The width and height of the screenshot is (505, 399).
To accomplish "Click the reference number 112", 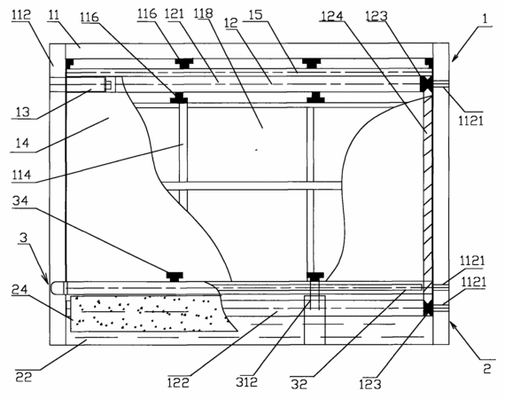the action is point(21,14).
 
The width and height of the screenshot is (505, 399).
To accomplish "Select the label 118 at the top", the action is point(204,13).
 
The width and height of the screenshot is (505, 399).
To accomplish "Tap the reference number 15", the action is point(256,15).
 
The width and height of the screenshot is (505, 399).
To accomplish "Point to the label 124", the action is point(331,16).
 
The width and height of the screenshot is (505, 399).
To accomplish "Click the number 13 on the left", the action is point(22,112).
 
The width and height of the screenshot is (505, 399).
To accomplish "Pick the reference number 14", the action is point(22,143).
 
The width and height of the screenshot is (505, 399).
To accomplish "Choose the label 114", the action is point(21,175).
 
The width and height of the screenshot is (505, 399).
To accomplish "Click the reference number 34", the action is point(20,200).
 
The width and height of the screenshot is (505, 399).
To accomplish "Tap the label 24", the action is point(19,290).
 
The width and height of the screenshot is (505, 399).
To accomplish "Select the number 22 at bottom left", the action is point(24,377).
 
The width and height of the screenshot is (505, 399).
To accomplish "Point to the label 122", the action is point(178,382).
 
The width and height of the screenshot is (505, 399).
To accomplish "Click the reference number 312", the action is point(246,382).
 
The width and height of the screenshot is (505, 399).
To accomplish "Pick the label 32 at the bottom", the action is point(299,384).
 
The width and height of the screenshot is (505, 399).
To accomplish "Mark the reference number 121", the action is point(174,13).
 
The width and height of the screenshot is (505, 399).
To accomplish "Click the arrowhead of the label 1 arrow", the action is point(454,59).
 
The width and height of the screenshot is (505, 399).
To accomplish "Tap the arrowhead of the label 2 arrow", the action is point(453,325).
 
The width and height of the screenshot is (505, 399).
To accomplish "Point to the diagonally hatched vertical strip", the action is point(427,193).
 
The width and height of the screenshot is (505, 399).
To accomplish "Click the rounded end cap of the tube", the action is point(57,287).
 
